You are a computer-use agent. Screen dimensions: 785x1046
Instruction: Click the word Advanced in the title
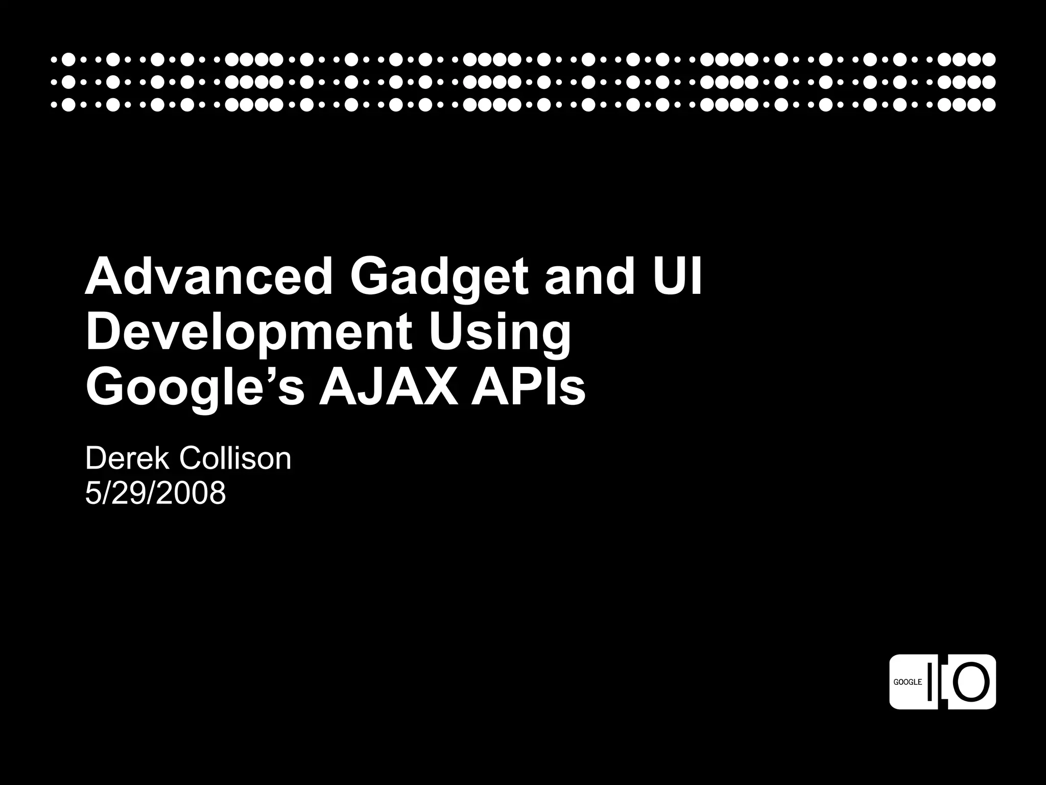pyautogui.click(x=209, y=277)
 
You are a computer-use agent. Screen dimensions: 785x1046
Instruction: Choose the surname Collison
pyautogui.click(x=234, y=458)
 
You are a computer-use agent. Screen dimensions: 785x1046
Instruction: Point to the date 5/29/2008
pyautogui.click(x=155, y=494)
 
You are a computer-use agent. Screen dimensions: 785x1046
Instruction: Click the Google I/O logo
pyautogui.click(x=942, y=682)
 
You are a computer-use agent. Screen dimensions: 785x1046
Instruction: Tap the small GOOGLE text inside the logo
pyautogui.click(x=908, y=682)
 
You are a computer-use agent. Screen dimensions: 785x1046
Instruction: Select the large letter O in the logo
pyautogui.click(x=971, y=682)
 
